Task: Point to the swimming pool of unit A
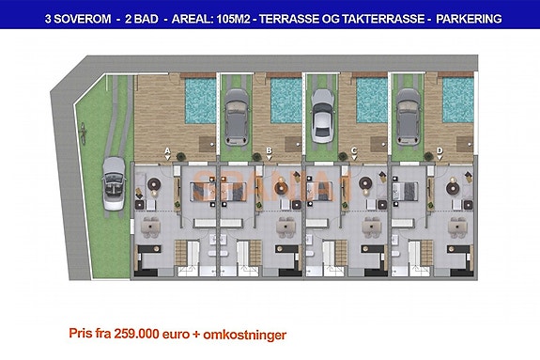pos(200,102)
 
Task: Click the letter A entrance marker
pos(167,150)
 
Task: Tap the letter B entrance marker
pos(270,150)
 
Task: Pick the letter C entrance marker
pos(353,150)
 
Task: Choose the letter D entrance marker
pos(440,150)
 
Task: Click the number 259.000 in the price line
pos(139,334)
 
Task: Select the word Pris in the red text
pos(82,334)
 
